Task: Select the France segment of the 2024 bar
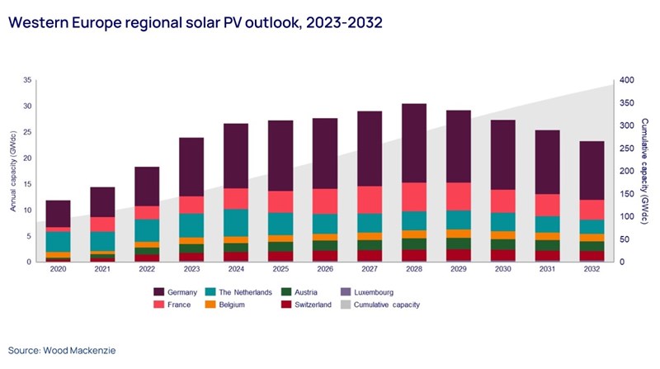236,198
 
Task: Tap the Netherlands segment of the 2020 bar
58,241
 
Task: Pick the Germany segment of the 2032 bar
592,170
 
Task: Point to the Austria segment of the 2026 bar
324,245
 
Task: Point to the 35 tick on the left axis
27,80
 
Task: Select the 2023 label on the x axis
191,270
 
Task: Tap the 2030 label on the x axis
502,270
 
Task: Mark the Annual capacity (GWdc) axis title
13,171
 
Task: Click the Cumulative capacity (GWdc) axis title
644,171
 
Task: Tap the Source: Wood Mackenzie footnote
63,351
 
